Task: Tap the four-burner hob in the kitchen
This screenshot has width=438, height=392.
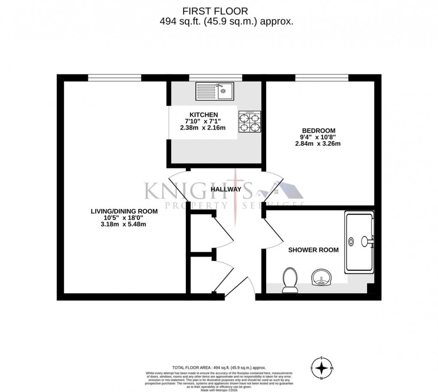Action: click(249, 122)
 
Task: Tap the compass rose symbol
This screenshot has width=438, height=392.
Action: click(321, 368)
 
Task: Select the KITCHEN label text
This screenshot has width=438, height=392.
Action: click(201, 114)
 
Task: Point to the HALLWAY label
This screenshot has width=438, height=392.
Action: click(225, 189)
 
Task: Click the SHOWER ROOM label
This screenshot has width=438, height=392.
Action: click(313, 250)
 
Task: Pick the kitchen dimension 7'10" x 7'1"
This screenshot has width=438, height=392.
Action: click(201, 121)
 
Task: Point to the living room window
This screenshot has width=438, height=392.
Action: click(115, 78)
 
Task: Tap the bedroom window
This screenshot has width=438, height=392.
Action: click(321, 78)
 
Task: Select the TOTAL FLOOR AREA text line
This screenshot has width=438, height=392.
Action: click(219, 368)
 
